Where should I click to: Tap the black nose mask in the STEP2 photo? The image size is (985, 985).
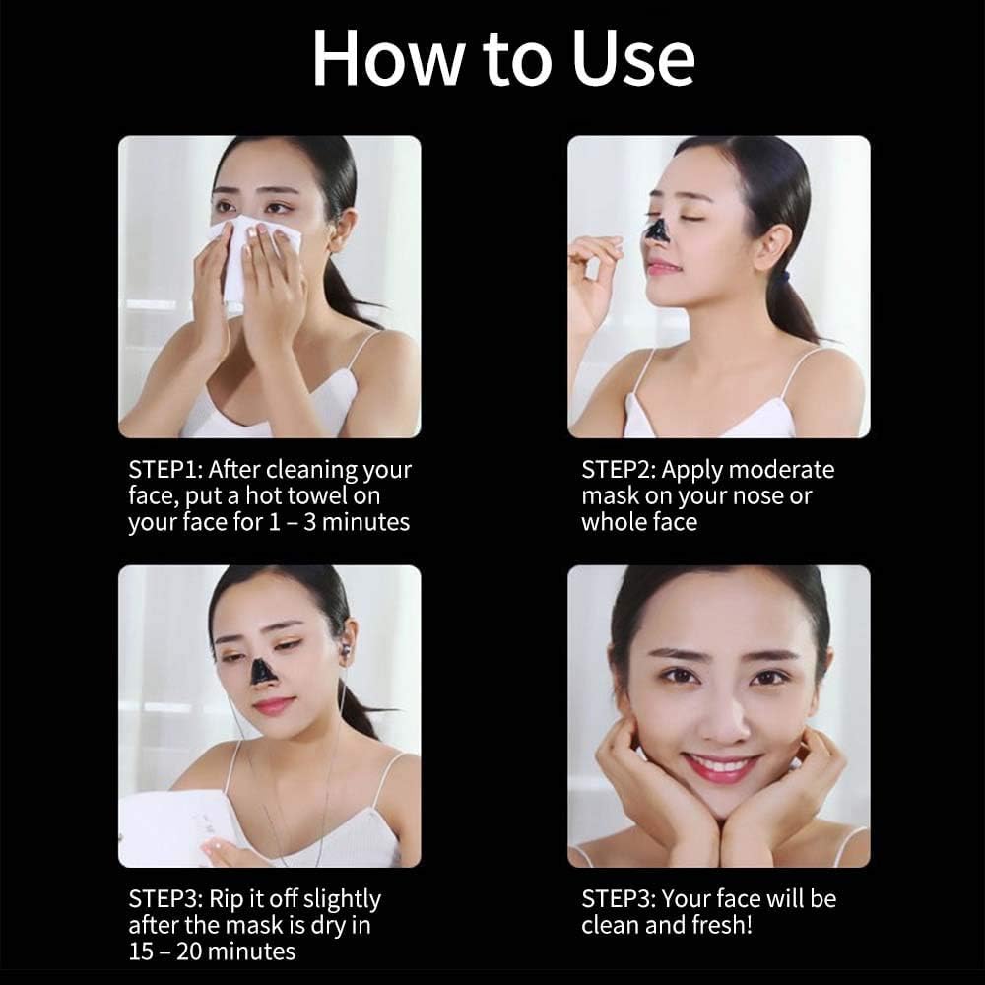point(656,230)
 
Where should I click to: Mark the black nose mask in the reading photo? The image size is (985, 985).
point(262,670)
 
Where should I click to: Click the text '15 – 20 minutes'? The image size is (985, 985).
point(212,952)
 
